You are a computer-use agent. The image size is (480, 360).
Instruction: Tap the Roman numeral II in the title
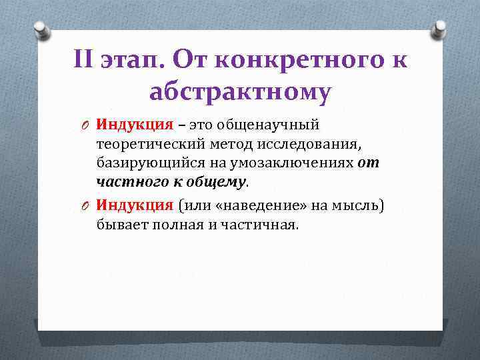click(x=86, y=61)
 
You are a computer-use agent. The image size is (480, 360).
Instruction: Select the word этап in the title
click(x=131, y=62)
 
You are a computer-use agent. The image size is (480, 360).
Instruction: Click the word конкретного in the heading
click(x=310, y=61)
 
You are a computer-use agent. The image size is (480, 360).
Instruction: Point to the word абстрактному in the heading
click(x=240, y=93)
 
